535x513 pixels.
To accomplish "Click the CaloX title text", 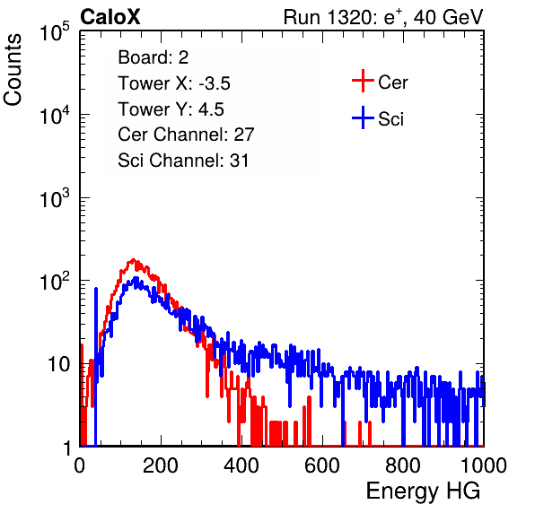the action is (x=110, y=17).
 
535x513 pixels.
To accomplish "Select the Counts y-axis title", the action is (x=13, y=70).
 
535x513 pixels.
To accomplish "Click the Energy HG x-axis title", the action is (x=423, y=491).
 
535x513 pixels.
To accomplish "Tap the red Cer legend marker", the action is (x=363, y=81).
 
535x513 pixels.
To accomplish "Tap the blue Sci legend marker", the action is (x=363, y=117).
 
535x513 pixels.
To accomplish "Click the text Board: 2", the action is (x=153, y=57).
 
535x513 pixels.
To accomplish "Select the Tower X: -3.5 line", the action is (x=174, y=83).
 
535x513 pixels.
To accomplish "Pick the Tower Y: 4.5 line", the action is (x=171, y=109).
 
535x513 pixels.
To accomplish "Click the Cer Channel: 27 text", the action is (x=186, y=135).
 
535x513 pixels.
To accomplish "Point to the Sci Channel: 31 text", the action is (x=183, y=161).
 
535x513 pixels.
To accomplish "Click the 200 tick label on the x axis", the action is (x=161, y=465).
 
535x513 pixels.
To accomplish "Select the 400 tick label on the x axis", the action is (x=241, y=465).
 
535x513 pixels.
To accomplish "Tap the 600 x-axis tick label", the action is (x=322, y=465).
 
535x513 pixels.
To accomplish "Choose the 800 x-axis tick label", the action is (x=403, y=465).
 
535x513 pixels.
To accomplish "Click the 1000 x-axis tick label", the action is (x=484, y=465).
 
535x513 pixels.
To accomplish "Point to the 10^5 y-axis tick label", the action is (x=55, y=32).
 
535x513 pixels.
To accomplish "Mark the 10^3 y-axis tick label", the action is (x=55, y=198).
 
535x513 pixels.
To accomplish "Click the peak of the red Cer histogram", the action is (x=133, y=260).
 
